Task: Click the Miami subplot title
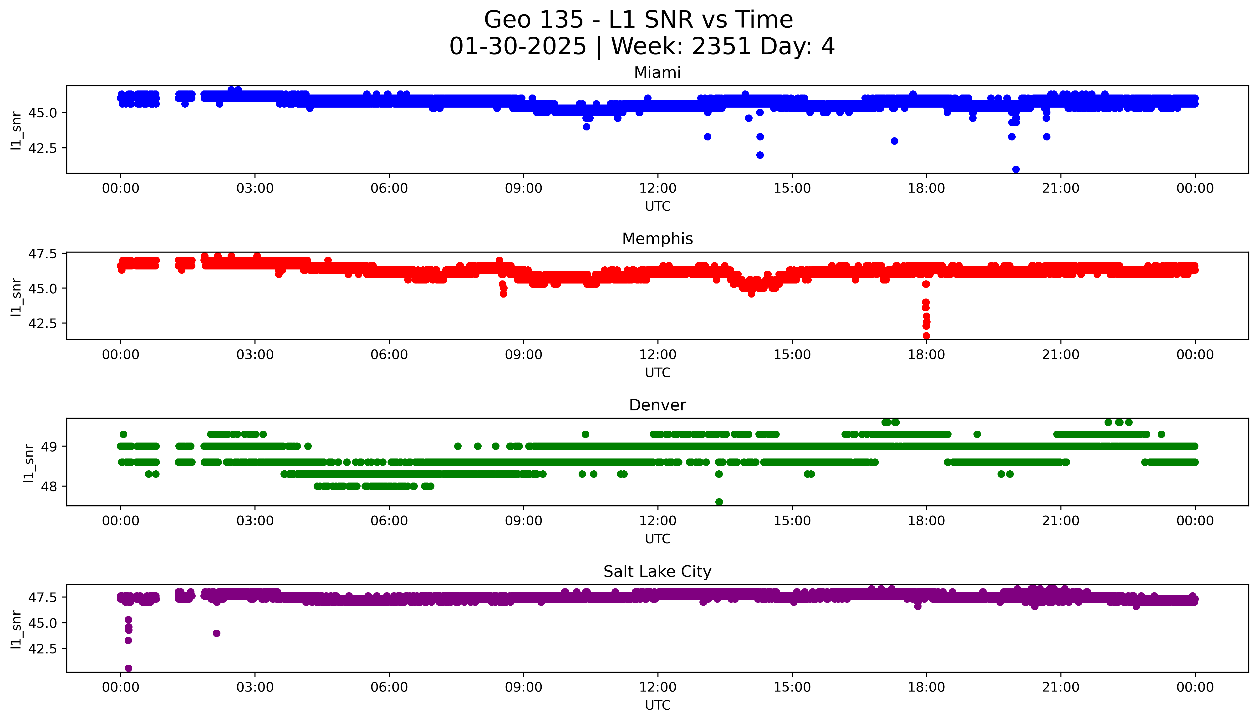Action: click(x=657, y=73)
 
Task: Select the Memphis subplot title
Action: click(x=657, y=239)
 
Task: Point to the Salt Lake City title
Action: click(x=657, y=572)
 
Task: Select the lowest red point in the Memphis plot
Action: click(x=926, y=336)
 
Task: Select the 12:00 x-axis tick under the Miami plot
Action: click(x=657, y=189)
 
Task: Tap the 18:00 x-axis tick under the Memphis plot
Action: click(x=926, y=354)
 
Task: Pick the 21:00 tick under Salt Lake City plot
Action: click(x=1060, y=687)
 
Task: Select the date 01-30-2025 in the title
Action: click(x=518, y=47)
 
